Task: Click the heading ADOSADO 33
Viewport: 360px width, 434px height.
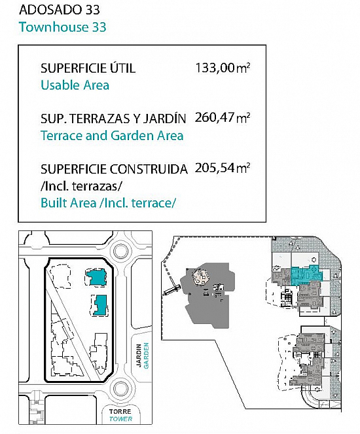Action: click(x=59, y=10)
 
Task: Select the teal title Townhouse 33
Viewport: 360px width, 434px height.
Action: click(x=63, y=27)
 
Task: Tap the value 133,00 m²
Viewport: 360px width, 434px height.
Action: click(x=223, y=68)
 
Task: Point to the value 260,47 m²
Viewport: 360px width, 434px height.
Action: click(x=223, y=118)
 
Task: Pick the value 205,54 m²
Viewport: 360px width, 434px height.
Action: click(x=223, y=168)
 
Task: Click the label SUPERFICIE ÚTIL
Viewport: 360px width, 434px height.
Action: click(x=88, y=68)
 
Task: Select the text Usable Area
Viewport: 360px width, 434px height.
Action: click(x=75, y=85)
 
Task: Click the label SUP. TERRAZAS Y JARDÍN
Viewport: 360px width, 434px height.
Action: click(x=113, y=118)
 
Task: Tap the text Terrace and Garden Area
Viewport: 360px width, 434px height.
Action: click(x=112, y=136)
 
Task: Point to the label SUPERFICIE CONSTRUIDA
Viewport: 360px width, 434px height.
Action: click(x=114, y=169)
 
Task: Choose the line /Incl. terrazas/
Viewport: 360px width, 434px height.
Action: click(x=81, y=187)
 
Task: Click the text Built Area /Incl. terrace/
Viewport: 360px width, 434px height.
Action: click(x=108, y=203)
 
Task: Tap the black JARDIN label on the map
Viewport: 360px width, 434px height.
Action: click(x=139, y=355)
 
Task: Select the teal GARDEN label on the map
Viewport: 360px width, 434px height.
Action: click(x=147, y=355)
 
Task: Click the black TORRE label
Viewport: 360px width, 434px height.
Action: click(x=120, y=412)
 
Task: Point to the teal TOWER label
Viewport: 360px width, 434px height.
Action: click(x=120, y=419)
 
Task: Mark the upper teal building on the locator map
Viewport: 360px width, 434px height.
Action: click(x=96, y=277)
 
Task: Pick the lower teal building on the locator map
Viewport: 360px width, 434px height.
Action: click(x=100, y=305)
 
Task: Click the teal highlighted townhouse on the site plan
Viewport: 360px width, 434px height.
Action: click(x=306, y=275)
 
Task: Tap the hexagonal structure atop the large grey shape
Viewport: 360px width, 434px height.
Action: click(x=202, y=277)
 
